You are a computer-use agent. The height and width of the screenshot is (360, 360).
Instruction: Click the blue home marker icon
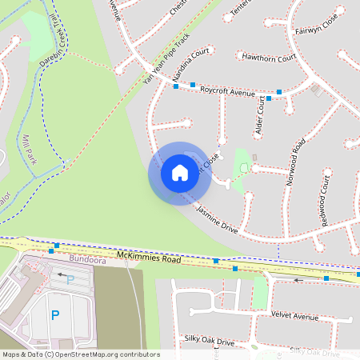click(x=179, y=173)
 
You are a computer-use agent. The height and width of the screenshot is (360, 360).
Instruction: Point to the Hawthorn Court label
click(x=269, y=58)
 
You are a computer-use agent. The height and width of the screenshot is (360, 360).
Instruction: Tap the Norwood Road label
click(x=296, y=162)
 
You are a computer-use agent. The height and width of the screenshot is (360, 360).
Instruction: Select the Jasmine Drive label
click(x=218, y=218)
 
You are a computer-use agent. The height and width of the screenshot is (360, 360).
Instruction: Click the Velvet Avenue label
click(x=294, y=316)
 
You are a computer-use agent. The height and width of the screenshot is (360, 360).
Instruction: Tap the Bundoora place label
click(x=87, y=260)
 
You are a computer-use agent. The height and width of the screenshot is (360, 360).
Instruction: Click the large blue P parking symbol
click(x=55, y=315)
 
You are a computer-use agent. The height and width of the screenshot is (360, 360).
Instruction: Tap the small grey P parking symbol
click(x=70, y=279)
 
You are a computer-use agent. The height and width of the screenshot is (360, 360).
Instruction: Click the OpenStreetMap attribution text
click(x=80, y=354)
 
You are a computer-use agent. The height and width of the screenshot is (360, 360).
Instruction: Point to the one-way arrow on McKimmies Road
click(x=298, y=281)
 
